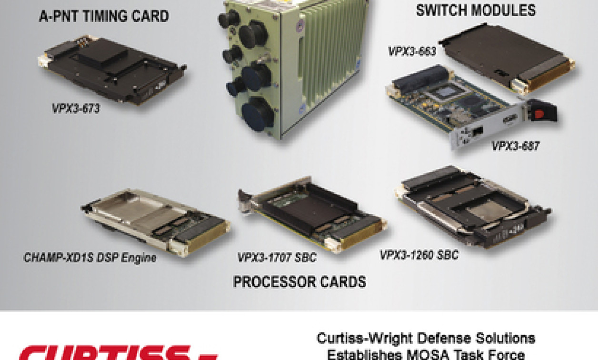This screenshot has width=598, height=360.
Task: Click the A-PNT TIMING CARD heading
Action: coord(104,17)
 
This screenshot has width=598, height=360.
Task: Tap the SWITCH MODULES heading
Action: coord(476,10)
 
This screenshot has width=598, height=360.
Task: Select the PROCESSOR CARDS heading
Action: coord(299,282)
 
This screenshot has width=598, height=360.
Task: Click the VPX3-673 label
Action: coord(76,109)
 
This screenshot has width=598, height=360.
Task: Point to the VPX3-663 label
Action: coord(412,51)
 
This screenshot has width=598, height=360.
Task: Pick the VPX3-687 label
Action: coord(515,146)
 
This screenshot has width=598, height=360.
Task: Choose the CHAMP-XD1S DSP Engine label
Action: coord(90,258)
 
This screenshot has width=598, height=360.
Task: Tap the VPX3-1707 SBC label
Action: coord(277,258)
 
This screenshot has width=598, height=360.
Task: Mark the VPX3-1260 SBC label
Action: coord(419,255)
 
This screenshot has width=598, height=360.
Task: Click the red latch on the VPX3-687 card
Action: coord(539,114)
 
